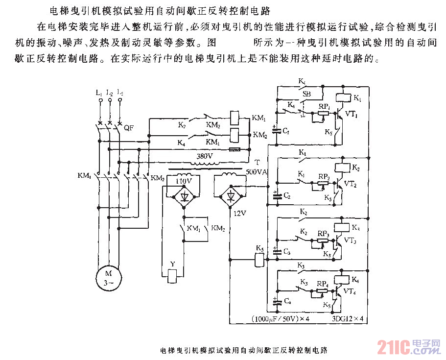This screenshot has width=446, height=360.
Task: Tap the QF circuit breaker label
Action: coord(129,128)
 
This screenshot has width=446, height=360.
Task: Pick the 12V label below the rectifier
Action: coord(239,214)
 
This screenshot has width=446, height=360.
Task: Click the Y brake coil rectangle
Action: coord(172,277)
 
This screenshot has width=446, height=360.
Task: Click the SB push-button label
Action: coord(306,94)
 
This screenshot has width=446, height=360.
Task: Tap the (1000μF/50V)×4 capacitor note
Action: coord(282,319)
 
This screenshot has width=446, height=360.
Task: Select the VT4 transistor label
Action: coord(350,291)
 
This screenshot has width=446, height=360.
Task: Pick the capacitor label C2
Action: coord(286,196)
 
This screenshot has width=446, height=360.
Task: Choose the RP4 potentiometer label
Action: coord(322,283)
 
